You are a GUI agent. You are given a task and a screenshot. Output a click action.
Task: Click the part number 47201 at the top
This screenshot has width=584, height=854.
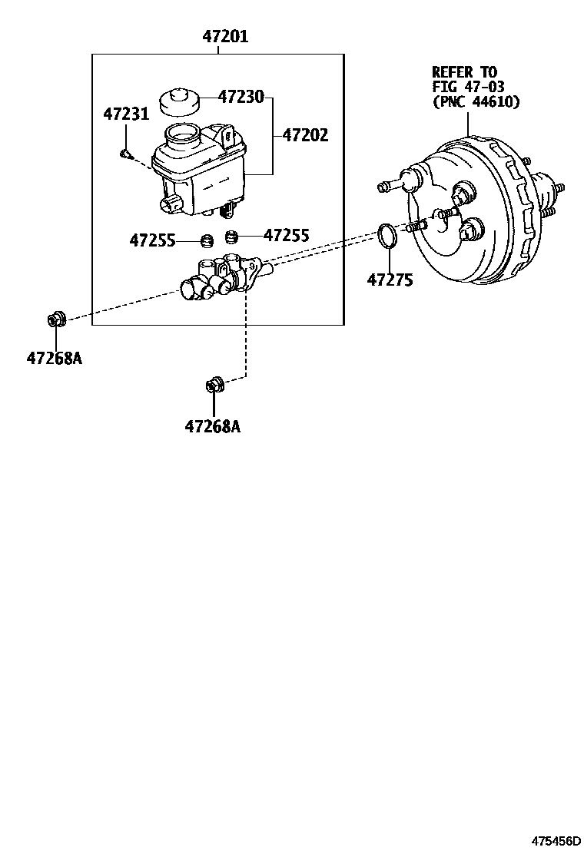pyautogui.click(x=226, y=37)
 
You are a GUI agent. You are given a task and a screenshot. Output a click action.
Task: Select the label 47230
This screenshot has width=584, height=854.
pyautogui.click(x=241, y=97)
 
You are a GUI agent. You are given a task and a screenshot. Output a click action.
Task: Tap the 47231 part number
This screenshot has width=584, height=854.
pyautogui.click(x=126, y=114)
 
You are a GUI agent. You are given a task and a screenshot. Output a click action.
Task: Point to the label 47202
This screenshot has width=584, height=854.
pyautogui.click(x=305, y=136)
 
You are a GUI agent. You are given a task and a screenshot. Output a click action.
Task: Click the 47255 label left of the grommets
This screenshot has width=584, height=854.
pyautogui.click(x=153, y=240)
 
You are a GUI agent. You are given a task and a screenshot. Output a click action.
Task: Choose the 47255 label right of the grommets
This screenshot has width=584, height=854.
pyautogui.click(x=286, y=235)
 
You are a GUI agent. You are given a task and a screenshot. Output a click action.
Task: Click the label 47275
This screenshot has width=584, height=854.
pyautogui.click(x=390, y=280)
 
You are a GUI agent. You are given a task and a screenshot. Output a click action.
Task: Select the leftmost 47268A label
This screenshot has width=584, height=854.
pyautogui.click(x=55, y=358)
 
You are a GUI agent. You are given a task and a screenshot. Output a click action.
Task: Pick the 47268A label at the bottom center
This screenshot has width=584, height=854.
pyautogui.click(x=212, y=426)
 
